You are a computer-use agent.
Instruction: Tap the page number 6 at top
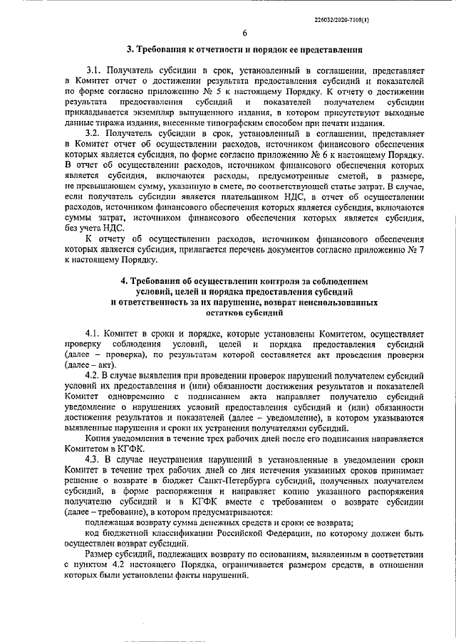click(x=244, y=33)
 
